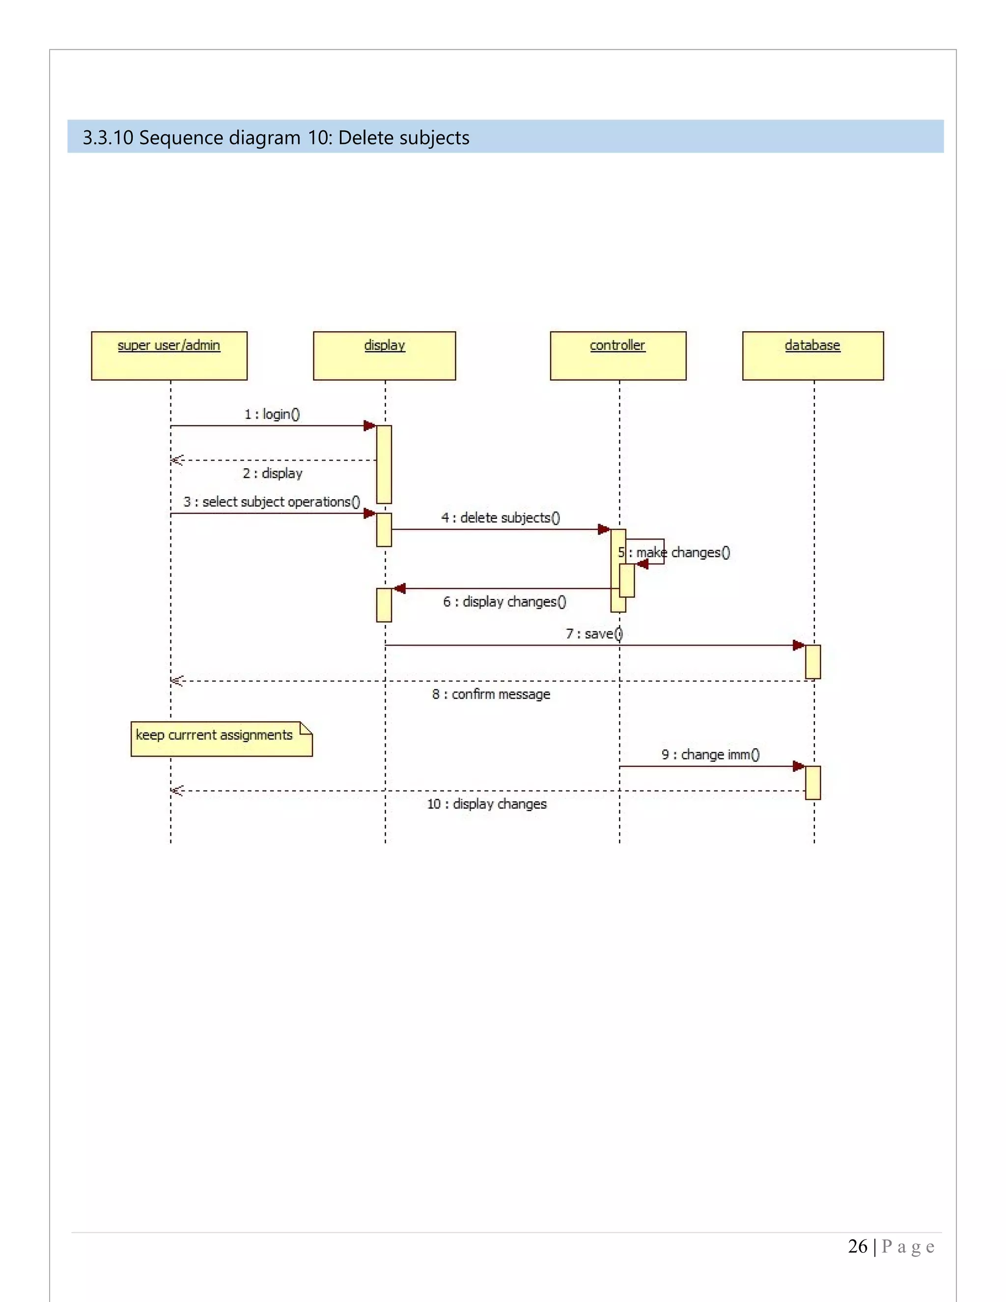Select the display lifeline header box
[x=385, y=356]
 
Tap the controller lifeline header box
[x=618, y=356]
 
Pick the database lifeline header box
[x=812, y=356]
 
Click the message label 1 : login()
[x=272, y=414]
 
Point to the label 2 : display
[x=272, y=473]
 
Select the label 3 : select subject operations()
[x=272, y=502]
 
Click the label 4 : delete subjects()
[x=501, y=517]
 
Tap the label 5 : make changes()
[x=674, y=553]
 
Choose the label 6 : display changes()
[x=504, y=601]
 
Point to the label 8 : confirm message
[x=491, y=694]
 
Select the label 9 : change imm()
[x=710, y=755]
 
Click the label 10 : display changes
[x=487, y=804]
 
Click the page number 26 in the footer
[x=857, y=1246]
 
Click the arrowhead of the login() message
[x=369, y=425]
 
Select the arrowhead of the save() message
[x=799, y=645]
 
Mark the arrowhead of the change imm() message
[x=799, y=766]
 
